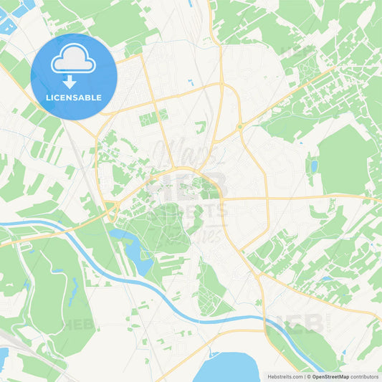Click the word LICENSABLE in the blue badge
[74, 97]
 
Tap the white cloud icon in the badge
[73, 59]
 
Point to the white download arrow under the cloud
[70, 81]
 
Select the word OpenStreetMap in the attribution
[330, 376]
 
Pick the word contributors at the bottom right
[365, 376]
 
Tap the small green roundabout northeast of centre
[240, 127]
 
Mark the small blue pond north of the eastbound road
[314, 167]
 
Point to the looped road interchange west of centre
[111, 210]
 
